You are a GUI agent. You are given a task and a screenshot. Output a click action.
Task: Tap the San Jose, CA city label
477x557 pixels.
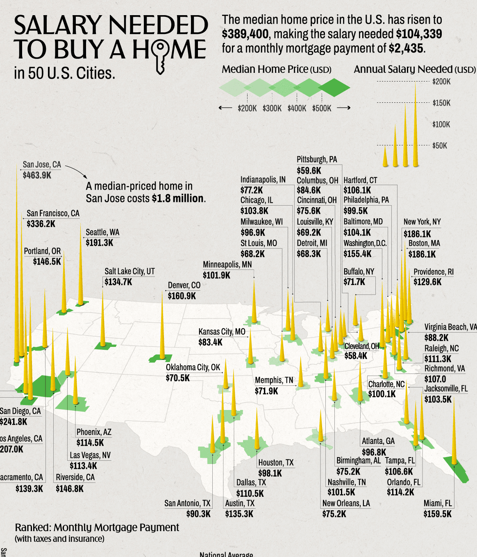[x=42, y=164]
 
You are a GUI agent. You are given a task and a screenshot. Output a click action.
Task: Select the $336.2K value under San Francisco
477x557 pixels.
[x=41, y=224]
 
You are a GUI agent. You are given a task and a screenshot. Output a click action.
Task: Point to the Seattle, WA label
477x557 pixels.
[x=102, y=232]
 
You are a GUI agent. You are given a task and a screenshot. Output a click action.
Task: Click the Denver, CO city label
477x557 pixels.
[x=184, y=285]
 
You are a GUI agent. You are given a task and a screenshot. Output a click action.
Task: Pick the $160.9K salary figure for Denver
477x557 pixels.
[x=182, y=296]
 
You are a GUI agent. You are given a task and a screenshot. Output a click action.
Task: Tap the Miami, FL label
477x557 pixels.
[x=437, y=503]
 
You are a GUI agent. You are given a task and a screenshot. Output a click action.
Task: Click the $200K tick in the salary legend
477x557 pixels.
[x=441, y=82]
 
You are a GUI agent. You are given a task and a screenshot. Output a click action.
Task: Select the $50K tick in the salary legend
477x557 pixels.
[x=440, y=145]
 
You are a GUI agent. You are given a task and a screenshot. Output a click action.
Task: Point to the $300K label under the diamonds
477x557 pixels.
[x=272, y=108]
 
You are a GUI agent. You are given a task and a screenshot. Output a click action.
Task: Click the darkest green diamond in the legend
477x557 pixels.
[x=334, y=88]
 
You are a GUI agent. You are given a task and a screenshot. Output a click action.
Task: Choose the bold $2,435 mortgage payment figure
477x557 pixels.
[x=406, y=48]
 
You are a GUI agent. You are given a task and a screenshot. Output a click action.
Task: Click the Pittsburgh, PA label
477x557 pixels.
[x=317, y=160]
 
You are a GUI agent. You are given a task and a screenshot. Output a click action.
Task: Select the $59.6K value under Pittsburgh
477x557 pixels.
[x=309, y=170]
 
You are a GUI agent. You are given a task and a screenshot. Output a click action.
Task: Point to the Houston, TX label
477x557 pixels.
[x=276, y=463]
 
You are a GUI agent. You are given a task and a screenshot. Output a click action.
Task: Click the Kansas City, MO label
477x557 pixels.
[x=222, y=331]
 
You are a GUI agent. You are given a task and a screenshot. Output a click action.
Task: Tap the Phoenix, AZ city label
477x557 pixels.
[x=94, y=432]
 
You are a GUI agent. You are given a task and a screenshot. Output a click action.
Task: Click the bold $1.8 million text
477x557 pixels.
[x=177, y=199]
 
